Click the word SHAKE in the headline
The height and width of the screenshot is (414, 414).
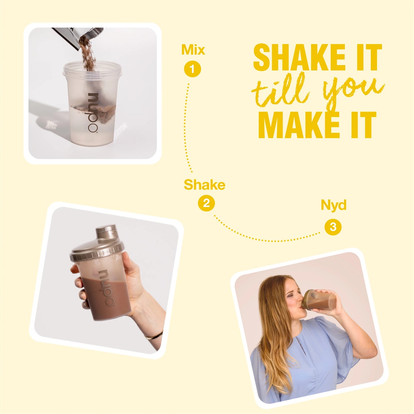click(299, 58)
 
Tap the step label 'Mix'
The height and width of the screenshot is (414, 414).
click(193, 50)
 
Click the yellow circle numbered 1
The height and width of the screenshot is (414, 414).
click(193, 69)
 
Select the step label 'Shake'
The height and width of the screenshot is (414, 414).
click(204, 185)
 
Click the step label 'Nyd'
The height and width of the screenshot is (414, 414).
click(333, 205)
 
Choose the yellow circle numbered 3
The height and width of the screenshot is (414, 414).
click(333, 227)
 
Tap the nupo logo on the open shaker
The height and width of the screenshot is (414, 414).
click(93, 113)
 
